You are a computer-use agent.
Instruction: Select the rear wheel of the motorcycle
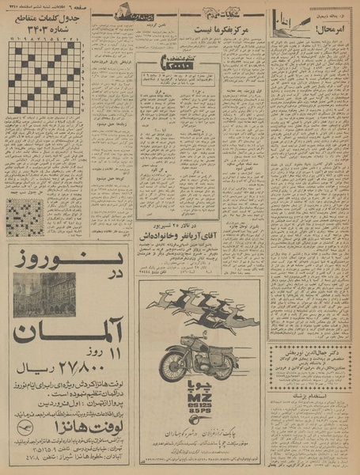(x=173, y=366)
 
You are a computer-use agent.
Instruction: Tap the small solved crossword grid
(x=25, y=217)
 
